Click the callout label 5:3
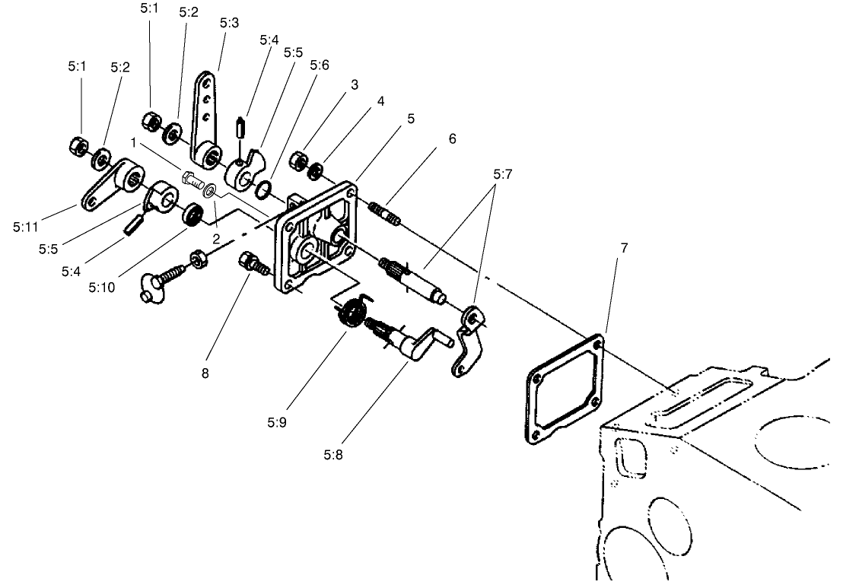point(229,23)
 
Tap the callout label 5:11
point(27,226)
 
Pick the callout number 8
point(204,373)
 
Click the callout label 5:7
point(502,174)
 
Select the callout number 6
point(452,139)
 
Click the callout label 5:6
point(320,65)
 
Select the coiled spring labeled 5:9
point(352,314)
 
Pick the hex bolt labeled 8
point(252,264)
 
